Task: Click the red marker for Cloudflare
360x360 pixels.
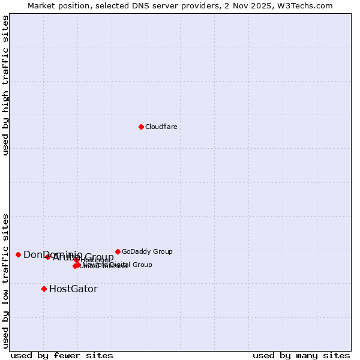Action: coord(141,127)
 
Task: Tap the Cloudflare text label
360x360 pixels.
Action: coord(161,127)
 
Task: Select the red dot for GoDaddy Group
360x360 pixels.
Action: coord(118,251)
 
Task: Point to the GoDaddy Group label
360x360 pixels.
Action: coord(147,252)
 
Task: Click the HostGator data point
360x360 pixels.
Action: coord(44,289)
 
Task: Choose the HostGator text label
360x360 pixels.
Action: coord(73,289)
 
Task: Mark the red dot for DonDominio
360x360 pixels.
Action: coord(18,254)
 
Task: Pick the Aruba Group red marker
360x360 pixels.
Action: coord(48,257)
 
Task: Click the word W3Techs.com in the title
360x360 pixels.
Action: coord(308,5)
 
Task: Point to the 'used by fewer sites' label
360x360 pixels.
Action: coord(62,355)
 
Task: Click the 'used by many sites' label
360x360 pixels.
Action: coord(301,355)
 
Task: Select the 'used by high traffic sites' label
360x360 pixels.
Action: coord(5,86)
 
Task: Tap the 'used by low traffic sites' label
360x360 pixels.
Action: coord(5,281)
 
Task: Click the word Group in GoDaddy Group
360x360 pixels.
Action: coord(163,252)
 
